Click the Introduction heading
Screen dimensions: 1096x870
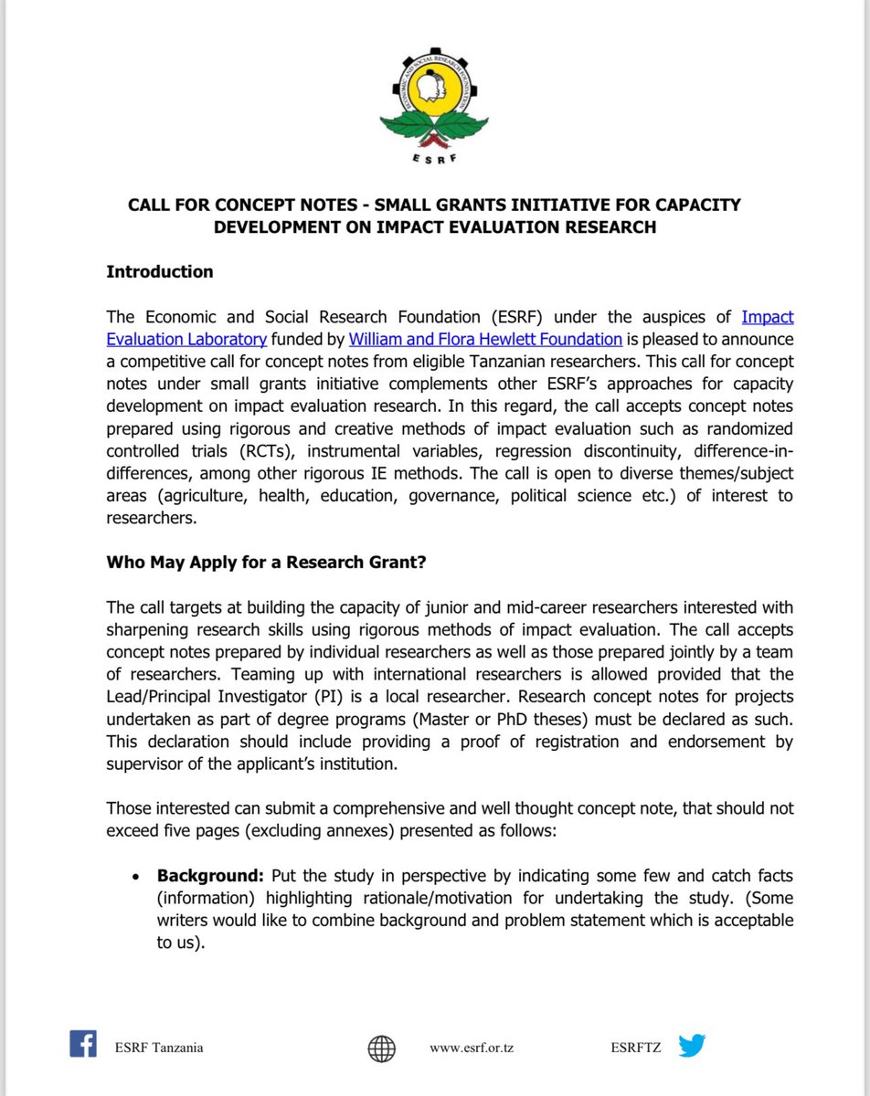[160, 271]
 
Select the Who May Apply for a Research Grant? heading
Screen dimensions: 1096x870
[266, 562]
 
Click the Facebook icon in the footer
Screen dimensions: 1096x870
[83, 1044]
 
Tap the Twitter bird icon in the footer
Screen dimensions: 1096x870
[692, 1046]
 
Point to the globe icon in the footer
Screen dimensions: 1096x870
[382, 1048]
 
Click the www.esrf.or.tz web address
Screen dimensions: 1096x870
[472, 1048]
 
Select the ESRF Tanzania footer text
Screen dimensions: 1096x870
[158, 1048]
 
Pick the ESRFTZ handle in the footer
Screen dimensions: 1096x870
[637, 1048]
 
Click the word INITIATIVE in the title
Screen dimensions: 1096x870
[531, 205]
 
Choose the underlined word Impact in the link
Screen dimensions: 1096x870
[767, 317]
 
